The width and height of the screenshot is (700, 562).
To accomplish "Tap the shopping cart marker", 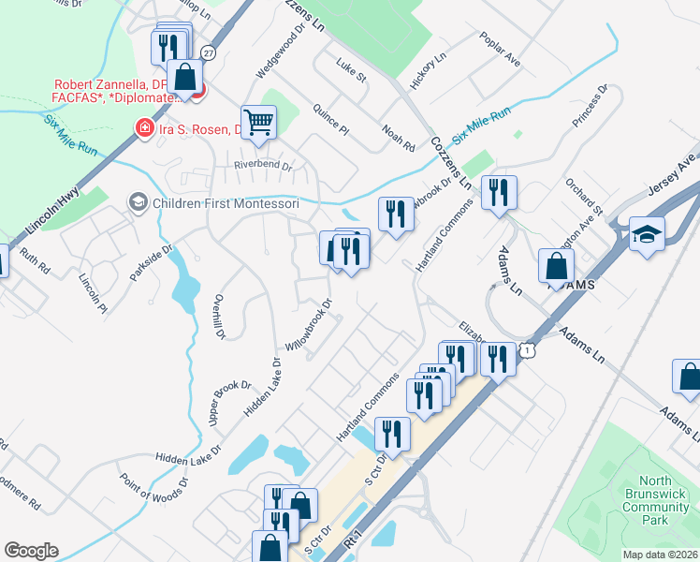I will (x=258, y=121).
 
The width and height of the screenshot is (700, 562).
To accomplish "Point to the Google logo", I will (x=32, y=551).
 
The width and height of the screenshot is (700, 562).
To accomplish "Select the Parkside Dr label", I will (x=153, y=265).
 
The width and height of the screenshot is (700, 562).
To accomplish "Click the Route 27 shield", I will (x=208, y=53).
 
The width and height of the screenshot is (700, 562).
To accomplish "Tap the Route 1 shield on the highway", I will (x=530, y=350).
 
